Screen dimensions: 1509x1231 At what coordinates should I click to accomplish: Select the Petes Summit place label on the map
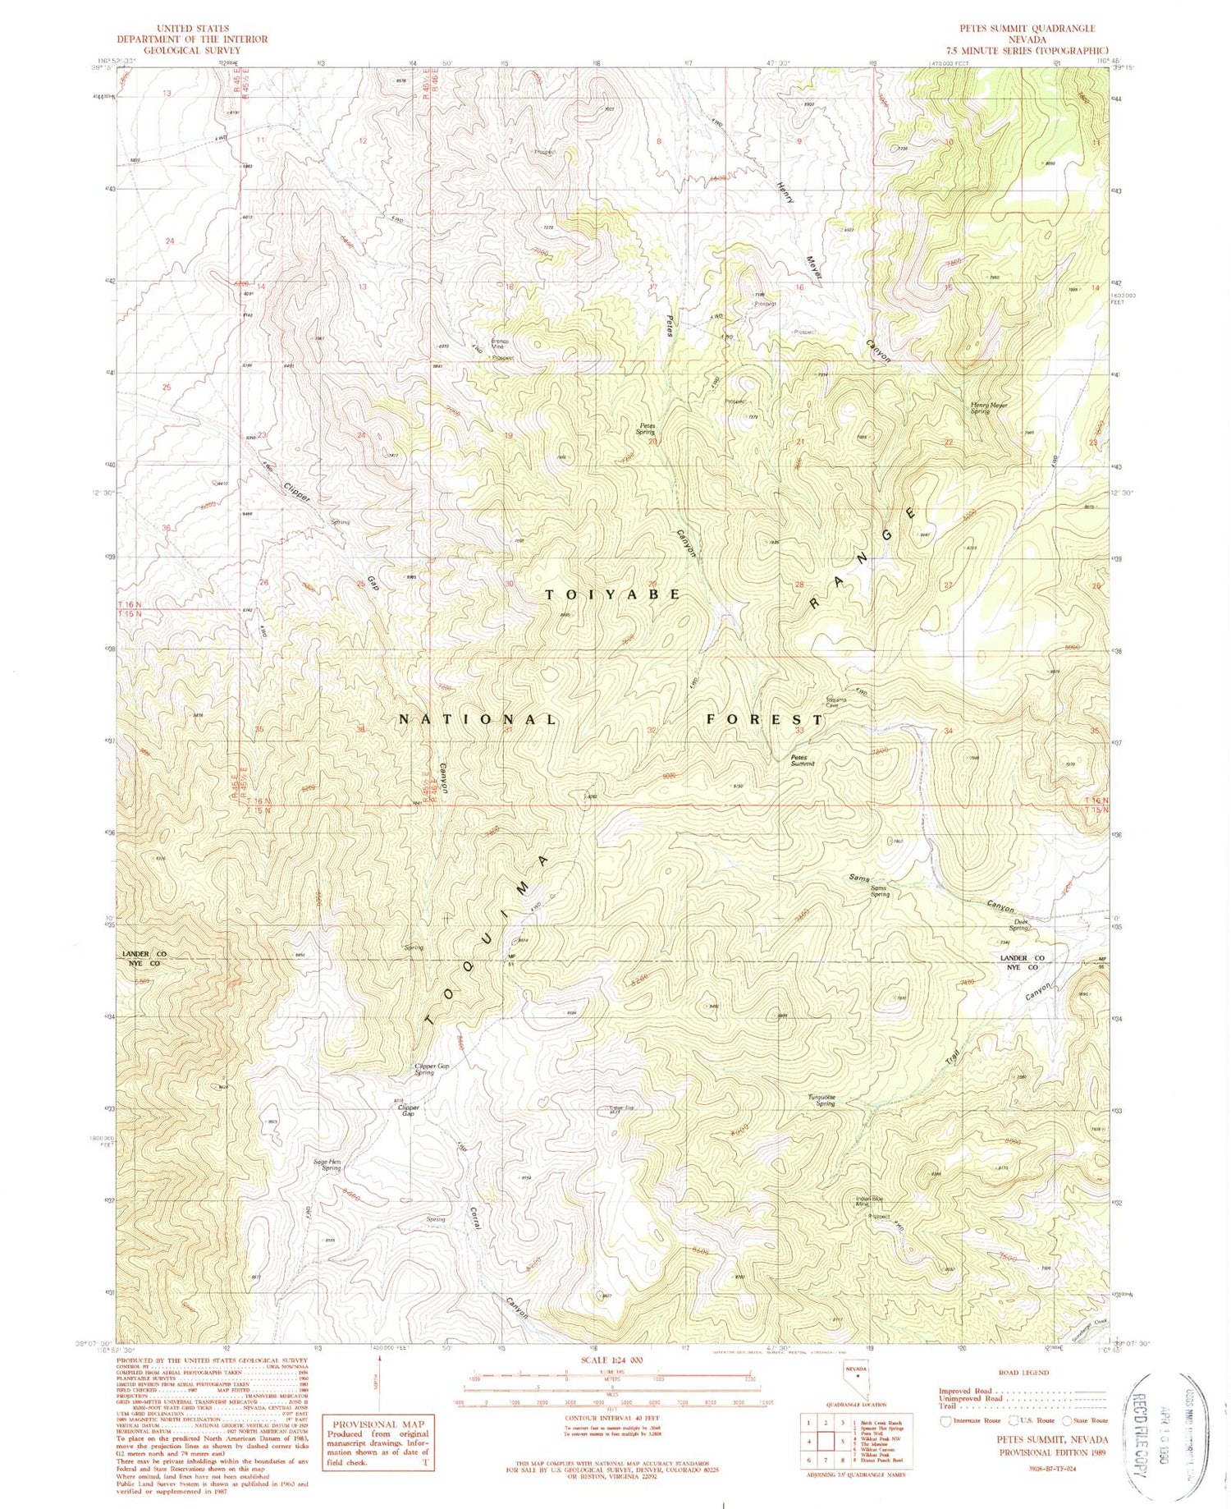coord(802,760)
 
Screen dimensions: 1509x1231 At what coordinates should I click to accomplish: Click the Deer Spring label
coord(1020,924)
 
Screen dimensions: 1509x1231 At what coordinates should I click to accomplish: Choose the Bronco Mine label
coord(500,344)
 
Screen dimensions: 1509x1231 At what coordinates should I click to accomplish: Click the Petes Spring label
coord(646,429)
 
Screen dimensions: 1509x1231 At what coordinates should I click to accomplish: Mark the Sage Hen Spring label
coord(327,1164)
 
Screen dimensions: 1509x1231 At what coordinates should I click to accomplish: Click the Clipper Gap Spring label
coord(430,1069)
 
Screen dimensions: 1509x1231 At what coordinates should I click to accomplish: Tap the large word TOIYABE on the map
coord(612,594)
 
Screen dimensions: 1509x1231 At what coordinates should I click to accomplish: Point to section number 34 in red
coord(949,731)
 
